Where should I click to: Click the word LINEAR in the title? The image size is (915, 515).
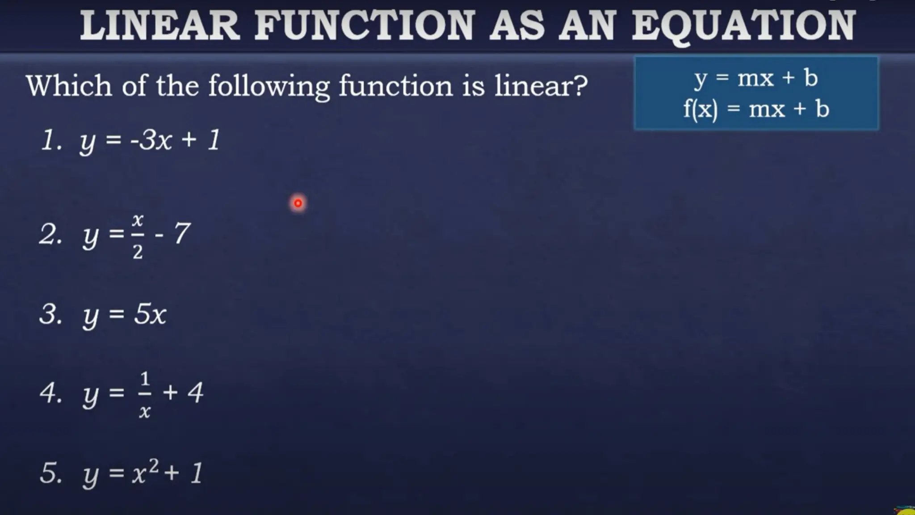coord(160,26)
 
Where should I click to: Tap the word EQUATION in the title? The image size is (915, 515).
coord(743,26)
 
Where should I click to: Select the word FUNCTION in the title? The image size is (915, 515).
coord(364,26)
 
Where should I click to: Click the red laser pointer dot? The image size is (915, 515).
coord(298,203)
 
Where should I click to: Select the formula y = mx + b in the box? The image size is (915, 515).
coord(756,78)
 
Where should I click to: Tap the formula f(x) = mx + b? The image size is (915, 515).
coord(756,109)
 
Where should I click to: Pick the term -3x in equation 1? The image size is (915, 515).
coord(151,140)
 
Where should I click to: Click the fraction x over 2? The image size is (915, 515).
coord(138,236)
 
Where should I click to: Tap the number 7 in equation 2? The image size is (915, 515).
coord(182,233)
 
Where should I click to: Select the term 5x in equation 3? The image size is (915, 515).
coord(150,314)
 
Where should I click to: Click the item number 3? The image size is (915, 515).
coord(49,314)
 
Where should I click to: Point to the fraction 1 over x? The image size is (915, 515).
coord(144,394)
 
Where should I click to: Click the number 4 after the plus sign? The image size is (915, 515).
coord(195,393)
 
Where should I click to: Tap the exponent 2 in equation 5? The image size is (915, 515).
coord(153,465)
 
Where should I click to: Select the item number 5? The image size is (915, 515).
coord(49,473)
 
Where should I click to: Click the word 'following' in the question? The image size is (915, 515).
coord(269,86)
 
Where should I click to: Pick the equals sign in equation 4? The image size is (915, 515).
coord(117,393)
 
